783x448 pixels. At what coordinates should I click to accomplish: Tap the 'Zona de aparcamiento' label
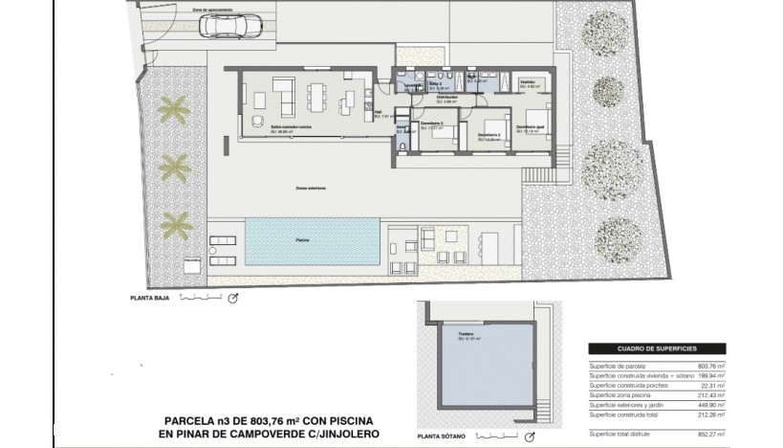click(211, 11)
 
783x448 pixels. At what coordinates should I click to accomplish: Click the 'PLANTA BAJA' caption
click(148, 298)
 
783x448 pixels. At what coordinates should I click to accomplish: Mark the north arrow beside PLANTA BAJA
click(231, 299)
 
